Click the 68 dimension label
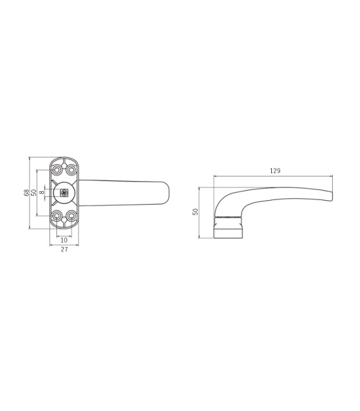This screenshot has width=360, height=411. [x=26, y=193]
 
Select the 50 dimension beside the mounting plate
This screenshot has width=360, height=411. [x=34, y=193]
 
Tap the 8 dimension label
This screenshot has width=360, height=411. [x=42, y=193]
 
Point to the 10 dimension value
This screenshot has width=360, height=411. [x=64, y=240]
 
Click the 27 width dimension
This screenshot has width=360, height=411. [x=64, y=250]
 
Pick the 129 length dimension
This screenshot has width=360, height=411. [x=275, y=171]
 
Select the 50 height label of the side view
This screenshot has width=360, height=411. [x=195, y=212]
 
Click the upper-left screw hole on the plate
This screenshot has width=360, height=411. [x=56, y=170]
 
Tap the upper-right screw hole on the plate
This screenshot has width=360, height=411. [x=71, y=170]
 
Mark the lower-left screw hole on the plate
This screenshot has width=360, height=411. [x=56, y=216]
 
